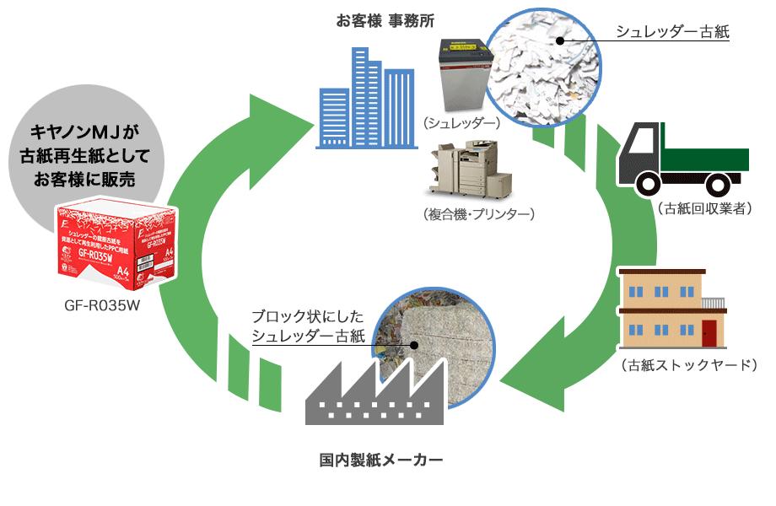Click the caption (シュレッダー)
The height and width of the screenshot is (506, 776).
(461, 123)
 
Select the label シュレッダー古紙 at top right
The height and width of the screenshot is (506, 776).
(672, 32)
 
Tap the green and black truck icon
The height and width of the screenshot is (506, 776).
(684, 158)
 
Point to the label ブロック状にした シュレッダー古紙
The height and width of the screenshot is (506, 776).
(307, 326)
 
